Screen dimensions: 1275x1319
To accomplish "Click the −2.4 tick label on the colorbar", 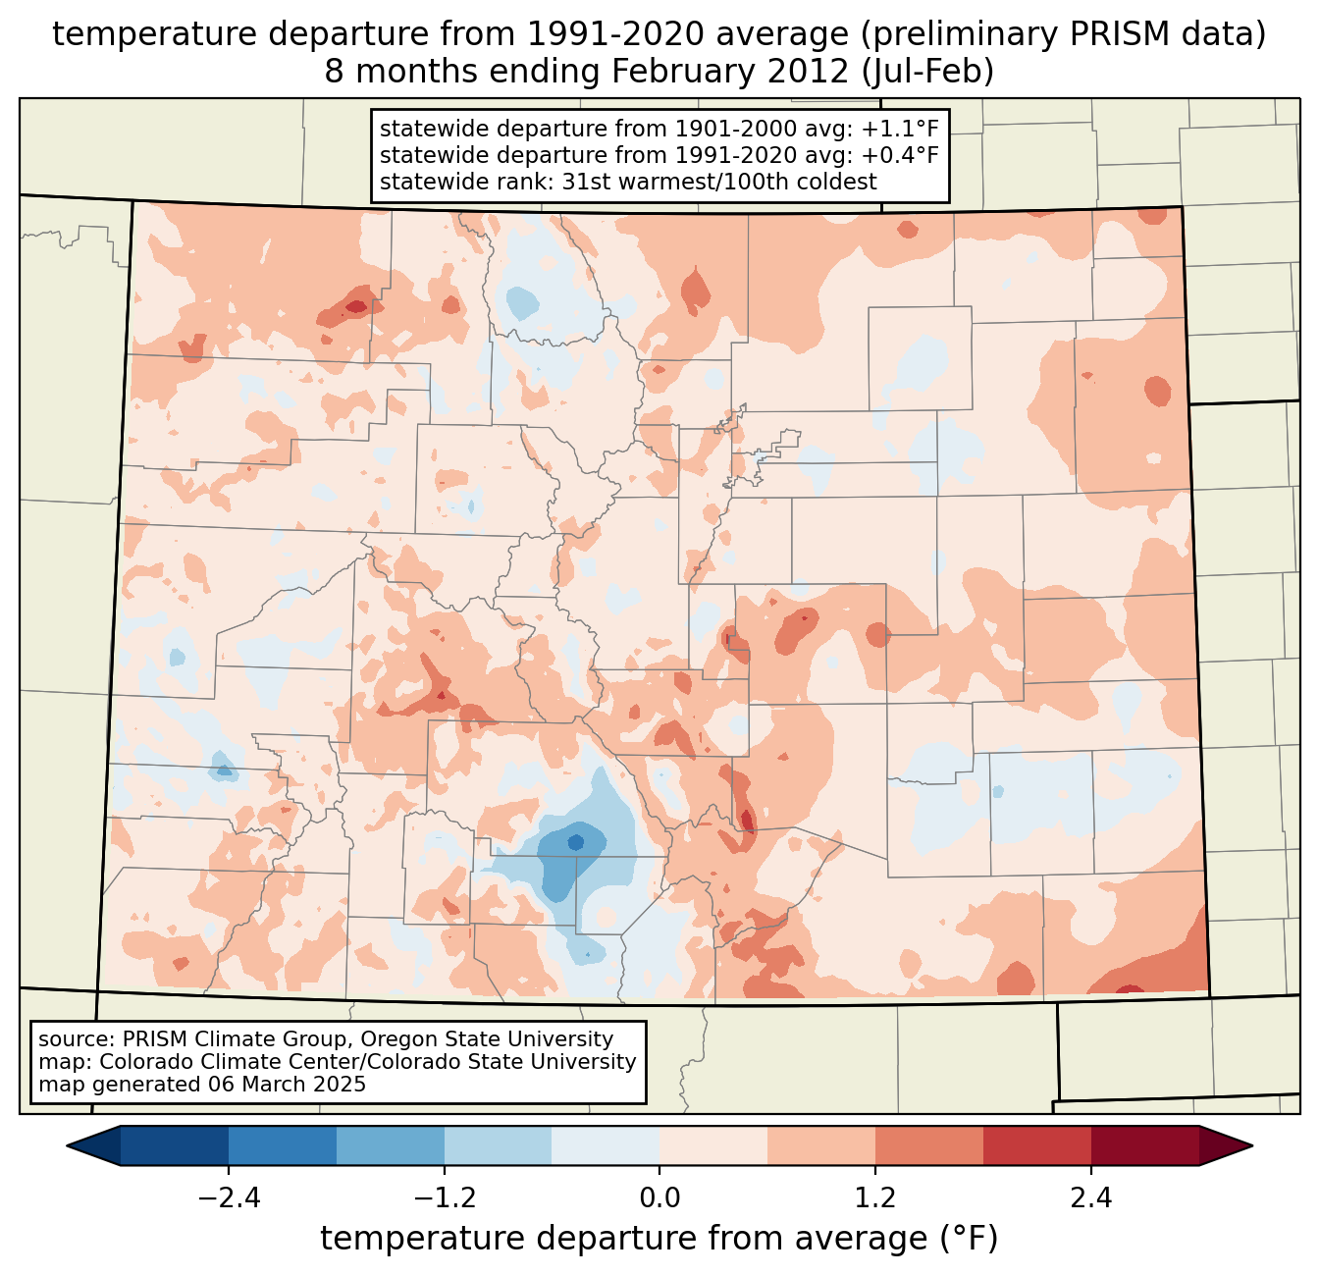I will point(229,1198).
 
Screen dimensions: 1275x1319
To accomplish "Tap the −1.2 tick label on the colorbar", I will point(444,1198).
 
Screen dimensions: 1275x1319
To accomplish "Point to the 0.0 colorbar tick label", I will point(659,1198).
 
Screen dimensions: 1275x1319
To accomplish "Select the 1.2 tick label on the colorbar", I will point(874,1198).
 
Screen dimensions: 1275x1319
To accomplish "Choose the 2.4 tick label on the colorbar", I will point(1090,1198).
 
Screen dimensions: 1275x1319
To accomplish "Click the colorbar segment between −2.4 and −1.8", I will point(283,1145).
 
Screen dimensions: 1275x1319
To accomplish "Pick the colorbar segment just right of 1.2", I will point(928,1145).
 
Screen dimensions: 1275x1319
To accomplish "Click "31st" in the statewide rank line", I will point(584,182).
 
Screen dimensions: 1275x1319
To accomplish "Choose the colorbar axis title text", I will point(659,1239).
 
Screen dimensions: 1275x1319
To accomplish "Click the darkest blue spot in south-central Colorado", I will point(575,842).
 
